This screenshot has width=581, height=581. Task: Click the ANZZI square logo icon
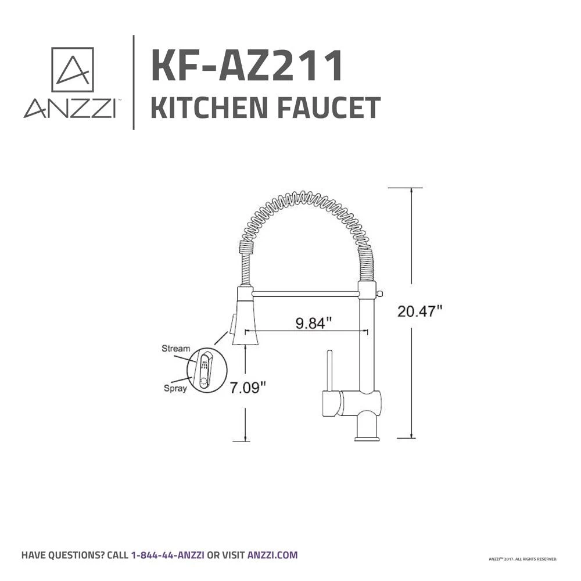pyautogui.click(x=73, y=70)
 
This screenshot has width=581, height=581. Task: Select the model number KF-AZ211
pyautogui.click(x=246, y=67)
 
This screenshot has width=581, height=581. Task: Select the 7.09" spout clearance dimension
pyautogui.click(x=248, y=387)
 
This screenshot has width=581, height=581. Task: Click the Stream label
pyautogui.click(x=175, y=349)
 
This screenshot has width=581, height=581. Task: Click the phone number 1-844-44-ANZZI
pyautogui.click(x=167, y=555)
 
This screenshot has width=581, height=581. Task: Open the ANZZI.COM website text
pyautogui.click(x=272, y=555)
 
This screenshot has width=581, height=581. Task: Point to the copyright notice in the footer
pyautogui.click(x=523, y=559)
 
